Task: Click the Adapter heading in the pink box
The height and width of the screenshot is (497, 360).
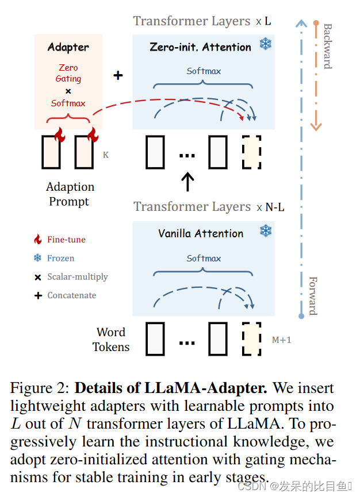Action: (68, 47)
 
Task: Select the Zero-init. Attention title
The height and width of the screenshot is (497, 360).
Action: (201, 47)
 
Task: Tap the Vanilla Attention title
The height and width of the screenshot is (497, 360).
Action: (201, 233)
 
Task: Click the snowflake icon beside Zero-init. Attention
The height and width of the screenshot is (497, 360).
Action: (265, 44)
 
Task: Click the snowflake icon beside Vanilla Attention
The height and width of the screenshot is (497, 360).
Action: (265, 231)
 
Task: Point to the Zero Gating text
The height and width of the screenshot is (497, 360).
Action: (68, 73)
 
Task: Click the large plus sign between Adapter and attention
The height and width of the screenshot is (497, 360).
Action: (118, 75)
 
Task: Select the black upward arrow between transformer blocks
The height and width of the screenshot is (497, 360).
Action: (187, 181)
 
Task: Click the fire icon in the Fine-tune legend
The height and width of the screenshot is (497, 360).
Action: (38, 239)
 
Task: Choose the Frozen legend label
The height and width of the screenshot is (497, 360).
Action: (60, 258)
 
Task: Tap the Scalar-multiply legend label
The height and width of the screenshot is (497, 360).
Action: (77, 276)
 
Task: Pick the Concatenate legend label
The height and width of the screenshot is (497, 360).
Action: (71, 295)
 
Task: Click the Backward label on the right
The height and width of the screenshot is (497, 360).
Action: (327, 46)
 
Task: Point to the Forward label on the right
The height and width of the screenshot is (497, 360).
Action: (313, 295)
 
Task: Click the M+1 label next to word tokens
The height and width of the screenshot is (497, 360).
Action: (281, 340)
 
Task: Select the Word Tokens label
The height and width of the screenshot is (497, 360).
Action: (111, 340)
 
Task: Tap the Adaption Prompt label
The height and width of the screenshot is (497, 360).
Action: (69, 194)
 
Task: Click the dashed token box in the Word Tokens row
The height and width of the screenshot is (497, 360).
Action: (251, 339)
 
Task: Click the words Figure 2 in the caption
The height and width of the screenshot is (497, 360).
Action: (39, 388)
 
